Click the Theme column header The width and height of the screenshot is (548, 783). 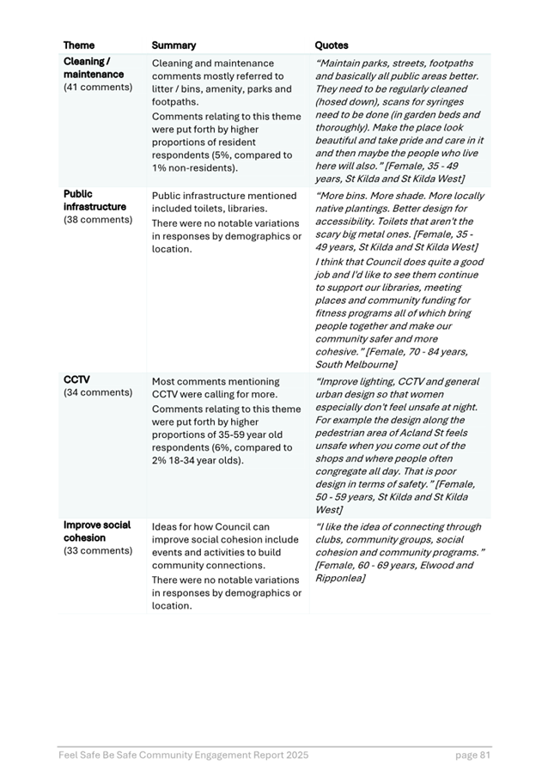[79, 46]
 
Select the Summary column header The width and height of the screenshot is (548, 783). [174, 46]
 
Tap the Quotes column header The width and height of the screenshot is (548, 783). [332, 46]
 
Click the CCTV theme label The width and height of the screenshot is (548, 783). [76, 380]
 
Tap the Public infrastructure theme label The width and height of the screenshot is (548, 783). [94, 201]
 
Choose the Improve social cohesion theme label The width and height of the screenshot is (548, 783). [96, 531]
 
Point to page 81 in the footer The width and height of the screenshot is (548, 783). [473, 756]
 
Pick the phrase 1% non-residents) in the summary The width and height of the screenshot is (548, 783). [195, 168]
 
